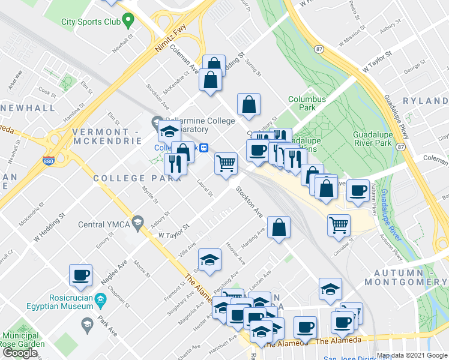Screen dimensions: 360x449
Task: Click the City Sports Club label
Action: [x=91, y=22]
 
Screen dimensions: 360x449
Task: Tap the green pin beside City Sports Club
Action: [x=128, y=22]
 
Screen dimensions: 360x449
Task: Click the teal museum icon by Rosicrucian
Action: [x=101, y=299]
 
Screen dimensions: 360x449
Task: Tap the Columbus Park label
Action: [x=307, y=104]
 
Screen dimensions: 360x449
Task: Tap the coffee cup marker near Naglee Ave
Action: [x=80, y=275]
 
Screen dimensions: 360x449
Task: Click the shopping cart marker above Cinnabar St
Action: [x=339, y=224]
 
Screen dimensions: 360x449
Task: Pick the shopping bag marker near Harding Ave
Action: [x=279, y=227]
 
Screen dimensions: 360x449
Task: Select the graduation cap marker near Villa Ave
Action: [x=209, y=260]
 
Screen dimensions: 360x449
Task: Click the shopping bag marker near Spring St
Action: [x=249, y=104]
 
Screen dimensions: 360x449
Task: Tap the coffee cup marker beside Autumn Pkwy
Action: [x=358, y=191]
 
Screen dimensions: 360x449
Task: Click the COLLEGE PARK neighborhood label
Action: [x=136, y=178]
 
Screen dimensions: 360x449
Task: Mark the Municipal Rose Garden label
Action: [x=24, y=340]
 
